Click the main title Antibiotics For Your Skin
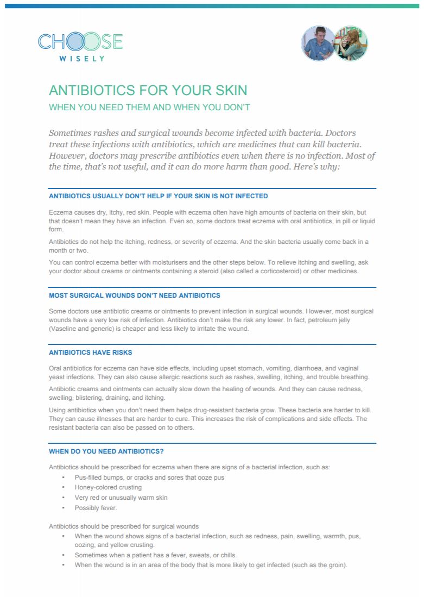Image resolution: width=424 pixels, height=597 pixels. click(x=148, y=90)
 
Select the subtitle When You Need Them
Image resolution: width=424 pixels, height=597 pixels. click(x=149, y=108)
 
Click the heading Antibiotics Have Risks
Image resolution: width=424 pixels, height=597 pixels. click(x=90, y=353)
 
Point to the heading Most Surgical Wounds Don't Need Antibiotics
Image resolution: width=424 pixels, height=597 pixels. click(x=134, y=296)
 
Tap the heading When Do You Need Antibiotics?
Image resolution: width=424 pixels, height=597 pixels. click(x=106, y=451)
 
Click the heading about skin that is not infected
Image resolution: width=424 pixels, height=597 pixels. click(x=158, y=196)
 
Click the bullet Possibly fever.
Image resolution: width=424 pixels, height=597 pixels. click(x=96, y=508)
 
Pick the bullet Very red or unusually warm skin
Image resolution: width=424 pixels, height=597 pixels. click(x=121, y=498)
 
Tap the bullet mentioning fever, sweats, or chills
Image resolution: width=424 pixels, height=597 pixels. click(x=155, y=555)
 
